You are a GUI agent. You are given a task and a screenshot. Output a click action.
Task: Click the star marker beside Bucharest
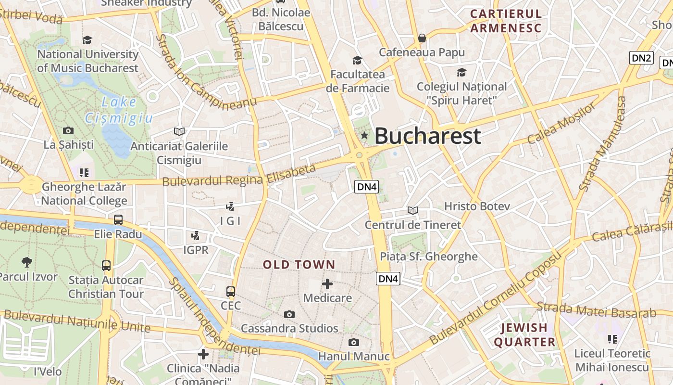(x=364, y=136)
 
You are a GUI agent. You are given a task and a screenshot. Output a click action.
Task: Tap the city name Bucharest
(x=427, y=136)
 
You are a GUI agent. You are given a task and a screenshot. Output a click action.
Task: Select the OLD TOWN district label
(x=299, y=264)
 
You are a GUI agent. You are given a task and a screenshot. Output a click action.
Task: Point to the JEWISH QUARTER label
(x=524, y=335)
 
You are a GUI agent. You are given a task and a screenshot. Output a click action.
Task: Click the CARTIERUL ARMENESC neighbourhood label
(x=506, y=21)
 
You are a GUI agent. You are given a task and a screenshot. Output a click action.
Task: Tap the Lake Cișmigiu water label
(x=119, y=110)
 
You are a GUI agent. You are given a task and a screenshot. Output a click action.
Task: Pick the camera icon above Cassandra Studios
(x=289, y=314)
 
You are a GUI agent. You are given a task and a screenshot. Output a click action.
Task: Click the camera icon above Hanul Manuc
(x=354, y=342)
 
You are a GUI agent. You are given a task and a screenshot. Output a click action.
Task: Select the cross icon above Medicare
(x=327, y=284)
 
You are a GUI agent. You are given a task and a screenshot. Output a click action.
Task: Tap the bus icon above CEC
(x=231, y=291)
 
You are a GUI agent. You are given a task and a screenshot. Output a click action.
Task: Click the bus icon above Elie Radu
(x=118, y=220)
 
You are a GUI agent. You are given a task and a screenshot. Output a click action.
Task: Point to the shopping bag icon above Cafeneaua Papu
(x=422, y=38)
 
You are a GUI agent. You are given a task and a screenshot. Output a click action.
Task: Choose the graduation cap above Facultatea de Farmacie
(x=357, y=60)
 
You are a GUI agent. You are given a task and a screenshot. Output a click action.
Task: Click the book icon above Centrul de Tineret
(x=412, y=210)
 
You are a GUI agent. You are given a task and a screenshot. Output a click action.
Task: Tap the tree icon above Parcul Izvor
(x=27, y=262)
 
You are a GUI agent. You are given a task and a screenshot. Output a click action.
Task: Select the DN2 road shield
(x=641, y=58)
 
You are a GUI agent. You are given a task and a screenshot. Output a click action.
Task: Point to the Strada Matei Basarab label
(x=596, y=310)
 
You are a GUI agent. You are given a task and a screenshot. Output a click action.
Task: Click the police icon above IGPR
(x=196, y=236)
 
